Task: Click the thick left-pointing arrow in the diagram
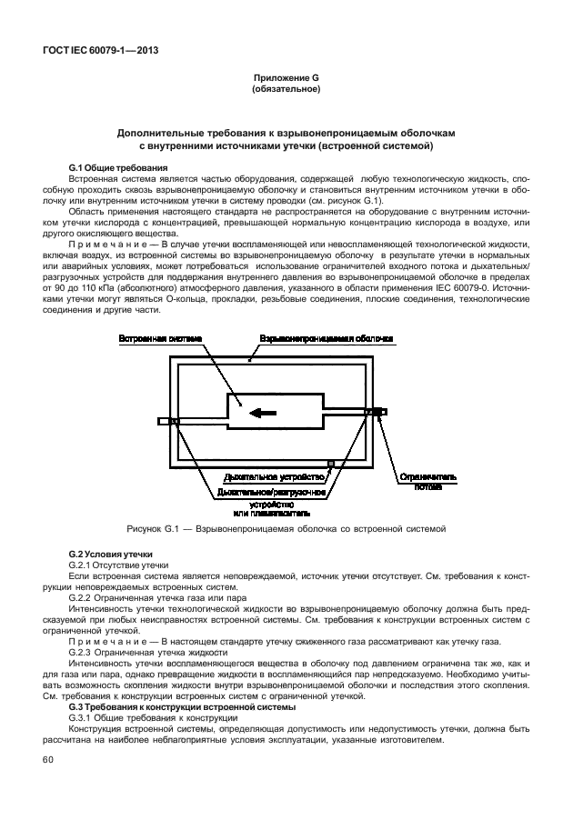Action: coord(264,413)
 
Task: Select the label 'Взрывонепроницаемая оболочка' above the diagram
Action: coord(327,339)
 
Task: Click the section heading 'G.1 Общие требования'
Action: coord(118,169)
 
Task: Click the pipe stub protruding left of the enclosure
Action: coord(165,422)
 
